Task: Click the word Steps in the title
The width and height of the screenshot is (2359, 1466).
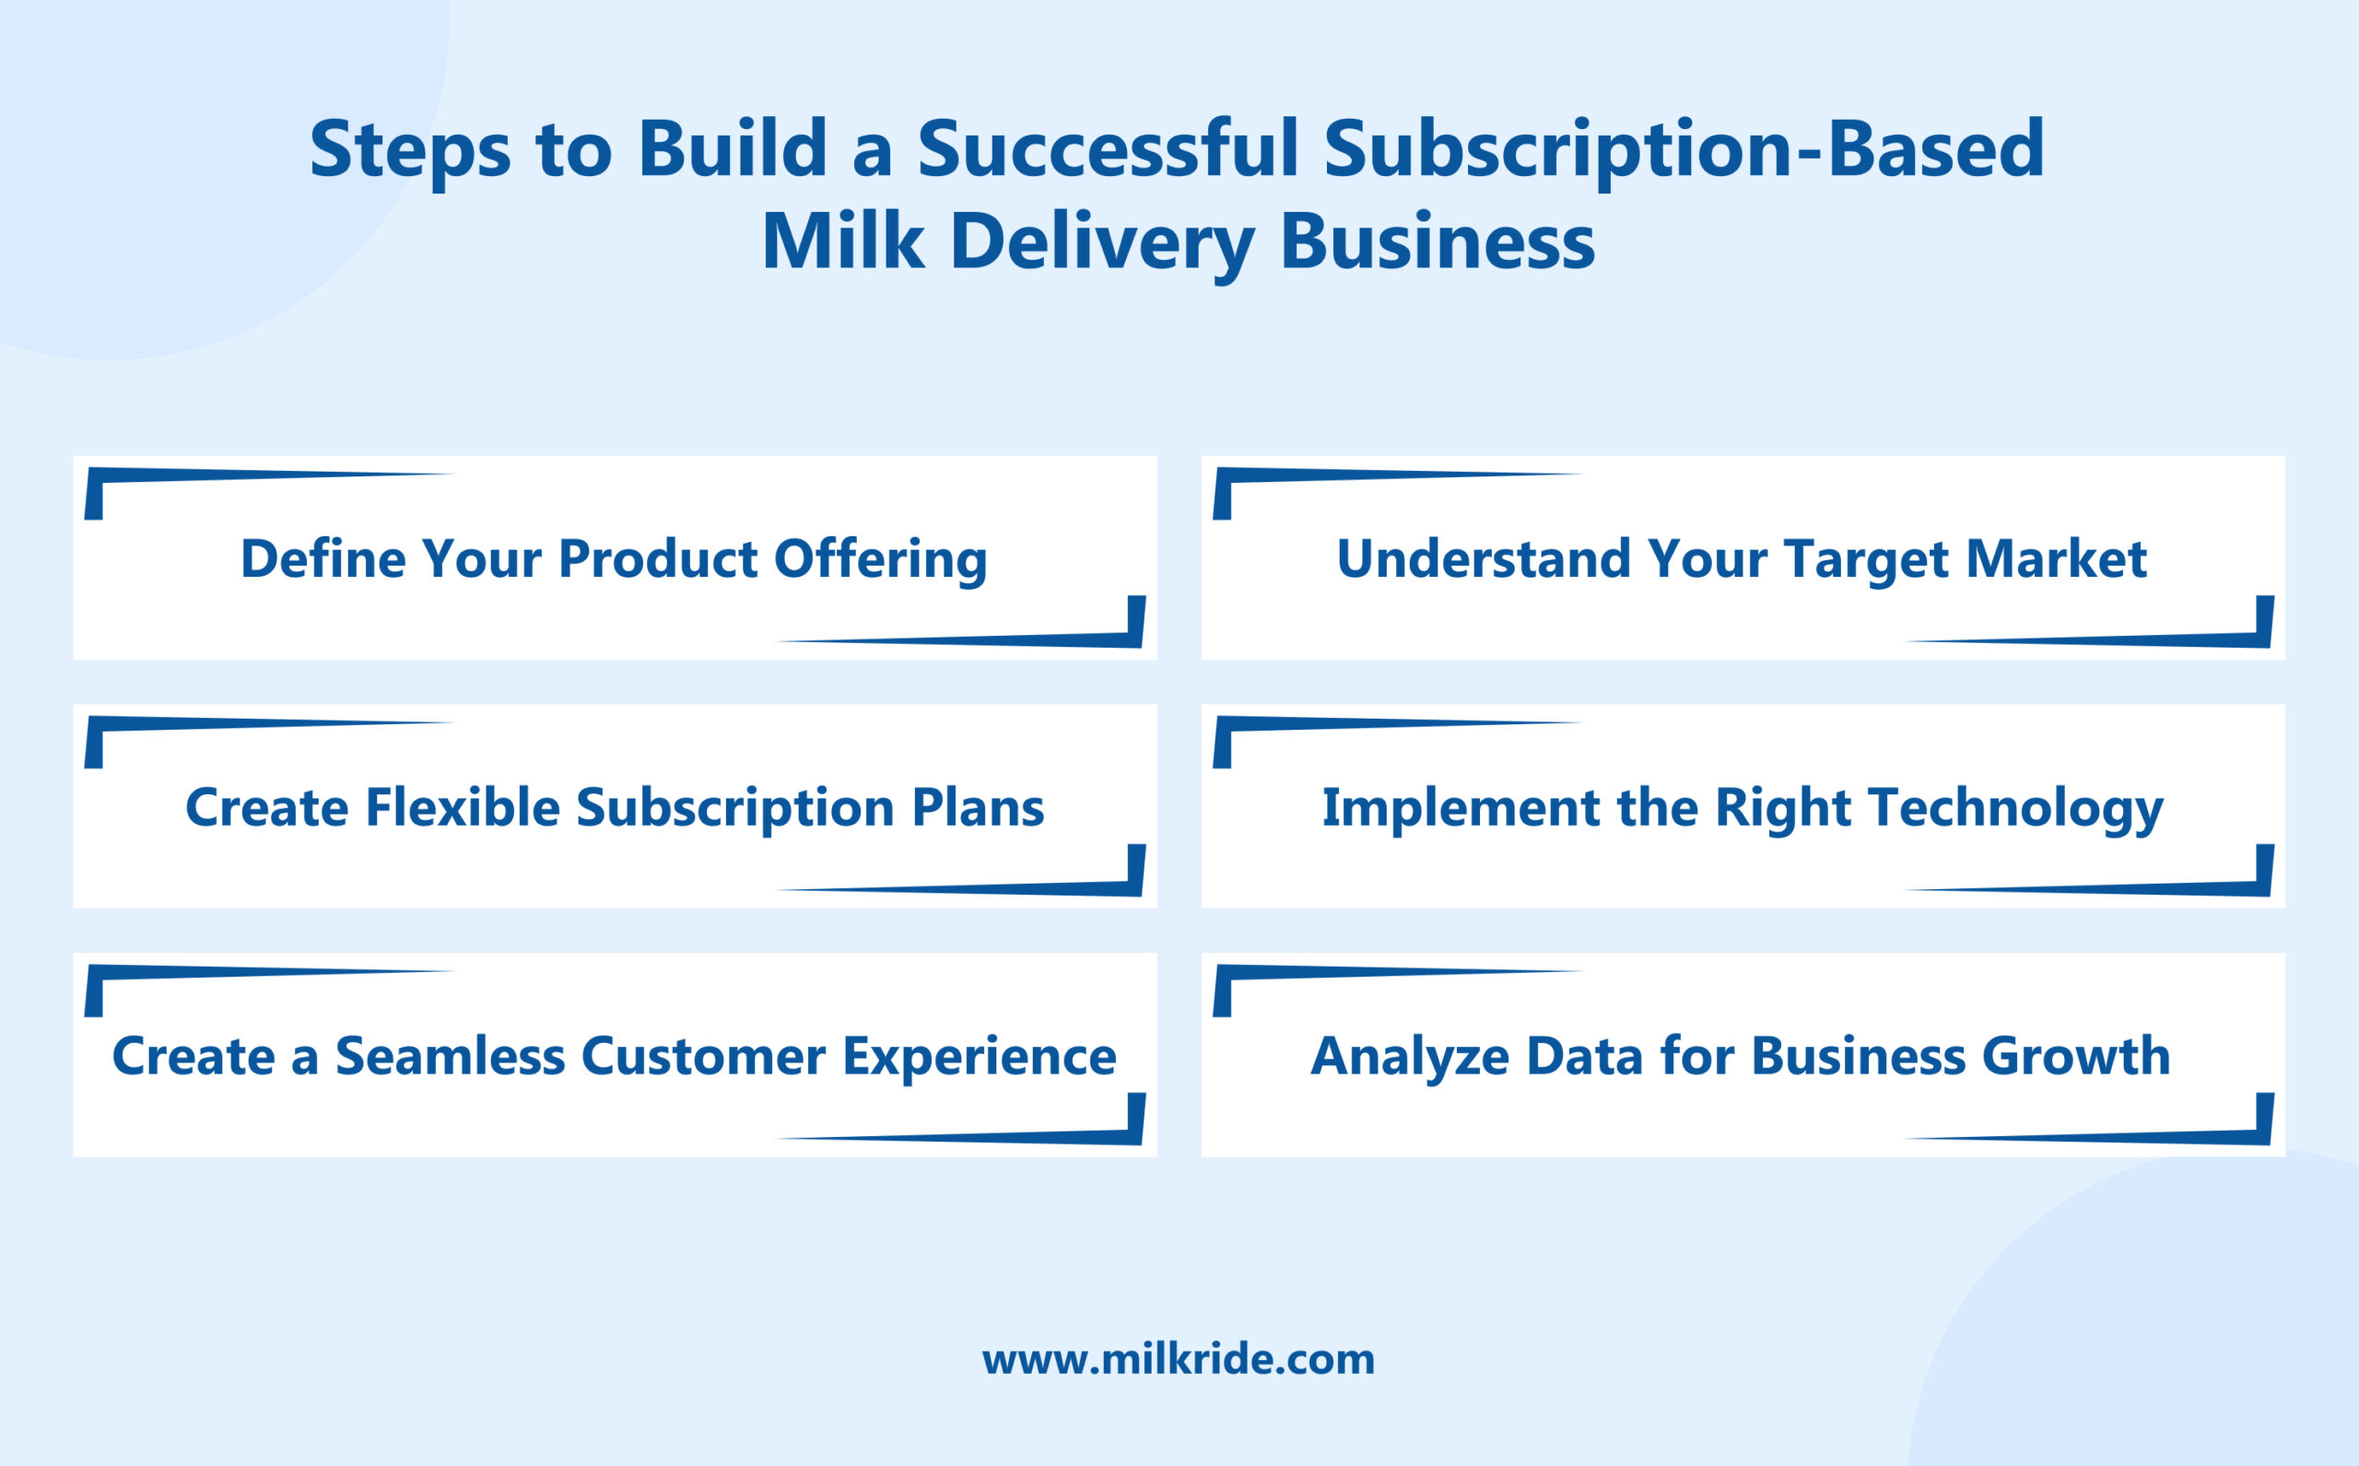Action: tap(409, 149)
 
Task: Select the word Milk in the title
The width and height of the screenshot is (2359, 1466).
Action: tap(841, 241)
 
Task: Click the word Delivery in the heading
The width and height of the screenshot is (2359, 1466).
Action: tap(1102, 241)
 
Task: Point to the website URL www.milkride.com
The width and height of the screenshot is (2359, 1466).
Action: tap(1178, 1359)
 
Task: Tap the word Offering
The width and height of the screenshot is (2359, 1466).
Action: tap(879, 560)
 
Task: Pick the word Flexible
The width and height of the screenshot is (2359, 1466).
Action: tap(463, 808)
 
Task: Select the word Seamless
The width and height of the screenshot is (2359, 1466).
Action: tap(450, 1056)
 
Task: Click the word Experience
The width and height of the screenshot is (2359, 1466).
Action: tap(979, 1058)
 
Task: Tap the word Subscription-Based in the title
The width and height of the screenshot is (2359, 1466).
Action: tap(1684, 149)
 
